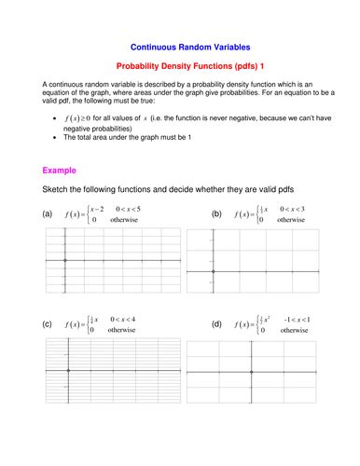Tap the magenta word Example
[60, 171]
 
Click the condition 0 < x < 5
[128, 208]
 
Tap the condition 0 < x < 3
[289, 208]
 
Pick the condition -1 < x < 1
[296, 319]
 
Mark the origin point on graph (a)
[64, 260]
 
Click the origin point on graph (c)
[69, 370]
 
